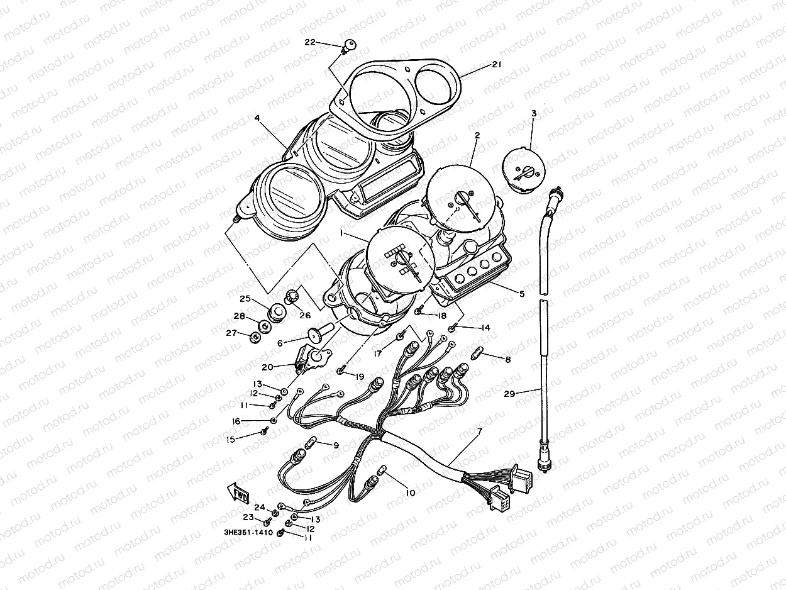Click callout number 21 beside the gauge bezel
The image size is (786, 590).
(497, 65)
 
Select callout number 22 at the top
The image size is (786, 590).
(309, 42)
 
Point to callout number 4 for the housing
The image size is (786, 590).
(258, 118)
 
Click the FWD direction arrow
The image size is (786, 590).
(238, 491)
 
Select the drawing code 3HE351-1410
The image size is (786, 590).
(248, 532)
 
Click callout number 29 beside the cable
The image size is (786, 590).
(509, 394)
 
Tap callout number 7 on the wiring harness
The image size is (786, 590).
(479, 431)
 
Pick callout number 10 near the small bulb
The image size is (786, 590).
(410, 493)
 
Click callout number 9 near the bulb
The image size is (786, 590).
(336, 445)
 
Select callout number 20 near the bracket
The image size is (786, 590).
(267, 367)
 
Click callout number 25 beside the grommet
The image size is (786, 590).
(245, 298)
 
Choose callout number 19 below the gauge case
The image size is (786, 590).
(359, 377)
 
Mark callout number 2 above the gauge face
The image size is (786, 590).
(477, 135)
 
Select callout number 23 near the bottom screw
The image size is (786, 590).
(248, 518)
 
